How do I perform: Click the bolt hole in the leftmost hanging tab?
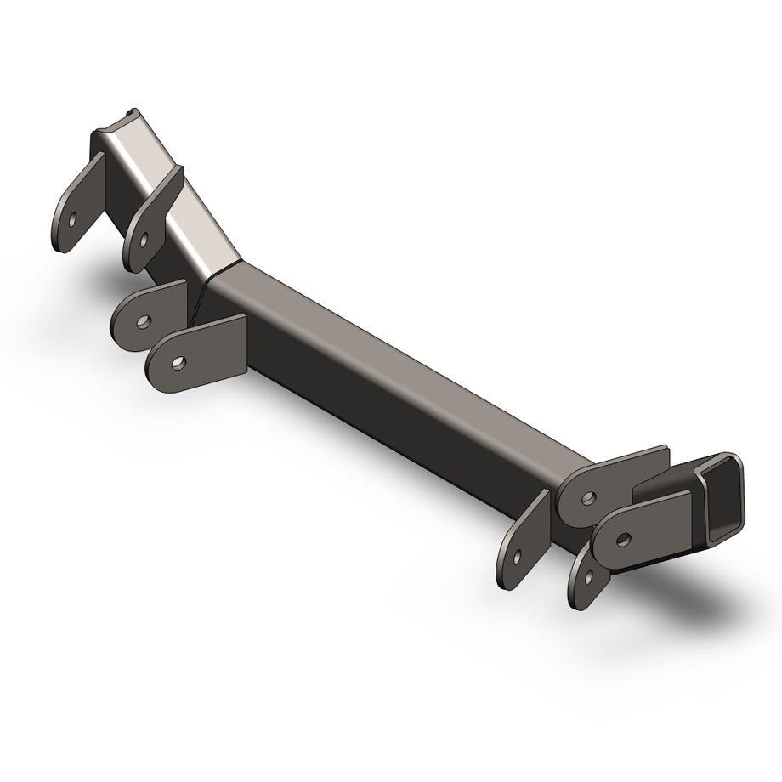74,218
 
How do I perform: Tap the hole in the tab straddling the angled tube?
144,240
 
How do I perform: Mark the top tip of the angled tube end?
129,113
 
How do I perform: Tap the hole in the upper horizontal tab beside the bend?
144,322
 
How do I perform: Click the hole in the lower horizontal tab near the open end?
625,537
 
